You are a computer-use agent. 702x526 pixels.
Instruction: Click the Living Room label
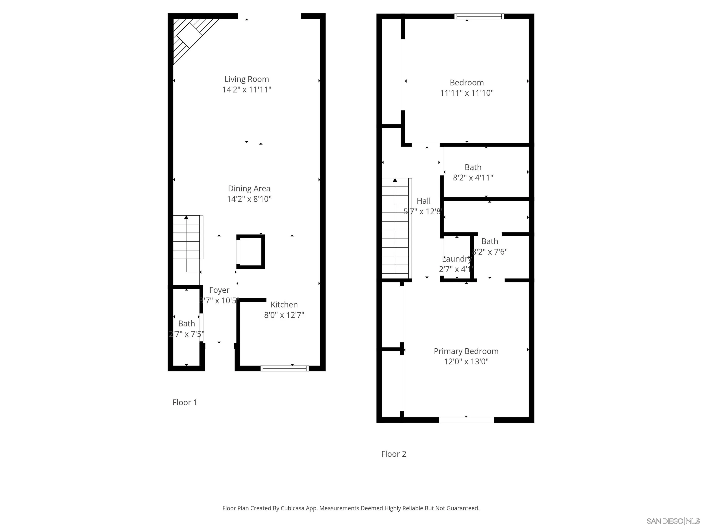[x=247, y=79]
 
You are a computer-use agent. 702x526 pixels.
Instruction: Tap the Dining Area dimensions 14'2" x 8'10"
[x=249, y=199]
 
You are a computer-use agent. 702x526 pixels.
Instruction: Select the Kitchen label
[x=284, y=305]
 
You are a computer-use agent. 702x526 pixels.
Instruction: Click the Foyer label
[x=219, y=290]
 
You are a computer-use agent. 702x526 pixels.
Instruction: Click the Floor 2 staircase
[x=395, y=227]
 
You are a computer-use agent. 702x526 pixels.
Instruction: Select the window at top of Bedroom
[x=479, y=16]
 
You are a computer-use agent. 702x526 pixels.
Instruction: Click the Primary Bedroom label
[x=466, y=351]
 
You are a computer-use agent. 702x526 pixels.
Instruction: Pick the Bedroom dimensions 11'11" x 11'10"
[x=467, y=93]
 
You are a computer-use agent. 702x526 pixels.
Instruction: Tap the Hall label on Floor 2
[x=424, y=201]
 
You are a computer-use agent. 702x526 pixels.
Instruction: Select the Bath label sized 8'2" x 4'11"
[x=473, y=167]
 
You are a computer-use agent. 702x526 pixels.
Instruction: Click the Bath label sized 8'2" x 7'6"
[x=489, y=241]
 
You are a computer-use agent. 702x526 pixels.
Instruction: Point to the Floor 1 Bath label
[x=187, y=324]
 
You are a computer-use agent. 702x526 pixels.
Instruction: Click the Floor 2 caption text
[x=394, y=454]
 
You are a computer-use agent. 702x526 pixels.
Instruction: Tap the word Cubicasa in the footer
[x=292, y=508]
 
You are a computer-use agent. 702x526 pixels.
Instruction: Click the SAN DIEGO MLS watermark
[x=673, y=521]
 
